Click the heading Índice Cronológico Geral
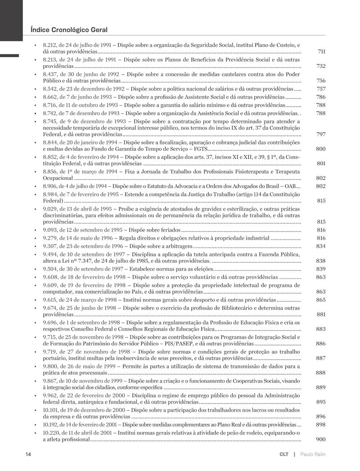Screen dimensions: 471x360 tap(69, 30)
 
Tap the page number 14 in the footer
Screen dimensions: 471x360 tap(28, 454)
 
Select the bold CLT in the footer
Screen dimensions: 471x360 tap(283, 454)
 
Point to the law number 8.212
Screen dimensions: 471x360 tap(50, 45)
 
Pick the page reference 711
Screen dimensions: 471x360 tap(321, 52)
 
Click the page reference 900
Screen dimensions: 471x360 tap(321, 440)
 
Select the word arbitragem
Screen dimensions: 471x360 tap(179, 246)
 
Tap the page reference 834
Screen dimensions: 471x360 tap(321, 246)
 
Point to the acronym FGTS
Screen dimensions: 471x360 tap(197, 148)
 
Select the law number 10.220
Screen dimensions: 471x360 tap(51, 433)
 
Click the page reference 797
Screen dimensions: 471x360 tap(321, 135)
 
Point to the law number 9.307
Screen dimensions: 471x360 tap(50, 246)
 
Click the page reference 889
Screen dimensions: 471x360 tap(321, 387)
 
